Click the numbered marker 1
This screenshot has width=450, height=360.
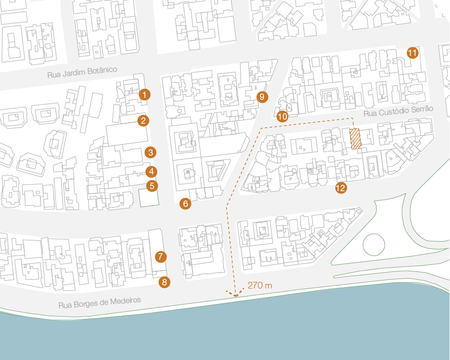tap(144, 94)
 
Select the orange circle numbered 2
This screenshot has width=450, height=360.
tap(143, 120)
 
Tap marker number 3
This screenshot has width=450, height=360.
tap(150, 152)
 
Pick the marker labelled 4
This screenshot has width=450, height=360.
tap(151, 172)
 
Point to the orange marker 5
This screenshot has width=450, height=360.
tap(152, 186)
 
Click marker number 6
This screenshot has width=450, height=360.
tap(185, 204)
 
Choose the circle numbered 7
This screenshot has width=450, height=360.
tap(160, 257)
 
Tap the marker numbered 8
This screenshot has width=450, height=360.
tap(164, 282)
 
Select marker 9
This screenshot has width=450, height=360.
tap(262, 97)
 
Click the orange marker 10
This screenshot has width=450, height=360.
tap(282, 116)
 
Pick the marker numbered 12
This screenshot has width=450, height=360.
tap(341, 188)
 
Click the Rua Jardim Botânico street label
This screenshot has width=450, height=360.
tap(82, 72)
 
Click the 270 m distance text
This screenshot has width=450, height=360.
tap(260, 285)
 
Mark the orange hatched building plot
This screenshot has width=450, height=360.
tap(355, 139)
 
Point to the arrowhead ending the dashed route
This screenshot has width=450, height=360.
tap(235, 294)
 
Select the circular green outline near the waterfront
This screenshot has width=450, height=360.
tap(374, 244)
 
